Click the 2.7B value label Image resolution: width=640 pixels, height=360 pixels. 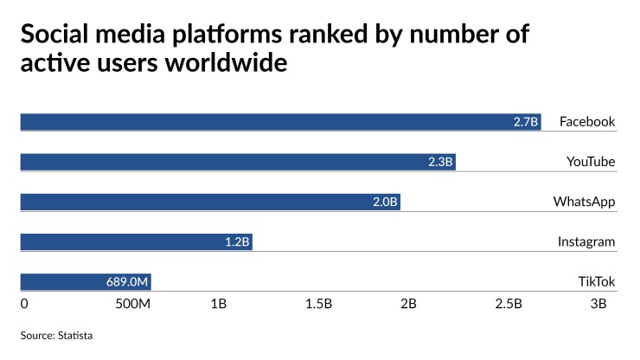click(x=526, y=122)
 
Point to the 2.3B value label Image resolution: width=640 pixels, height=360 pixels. click(x=441, y=162)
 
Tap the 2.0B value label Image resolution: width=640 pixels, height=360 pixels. click(x=385, y=202)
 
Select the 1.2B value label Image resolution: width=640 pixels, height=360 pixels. click(x=237, y=242)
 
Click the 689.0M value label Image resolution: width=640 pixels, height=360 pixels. click(x=128, y=282)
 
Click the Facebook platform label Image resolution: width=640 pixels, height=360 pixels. click(x=587, y=121)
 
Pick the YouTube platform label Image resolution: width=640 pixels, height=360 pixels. click(x=591, y=162)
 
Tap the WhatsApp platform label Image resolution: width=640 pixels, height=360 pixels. click(x=585, y=202)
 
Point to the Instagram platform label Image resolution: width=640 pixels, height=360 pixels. click(x=586, y=241)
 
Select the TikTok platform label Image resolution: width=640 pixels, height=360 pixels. click(x=597, y=281)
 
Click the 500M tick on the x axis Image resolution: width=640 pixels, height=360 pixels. click(x=133, y=305)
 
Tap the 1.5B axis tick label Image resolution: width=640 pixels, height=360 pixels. click(x=319, y=305)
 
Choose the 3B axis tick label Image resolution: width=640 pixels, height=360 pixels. click(x=598, y=305)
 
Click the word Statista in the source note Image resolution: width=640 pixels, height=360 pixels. click(x=74, y=335)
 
